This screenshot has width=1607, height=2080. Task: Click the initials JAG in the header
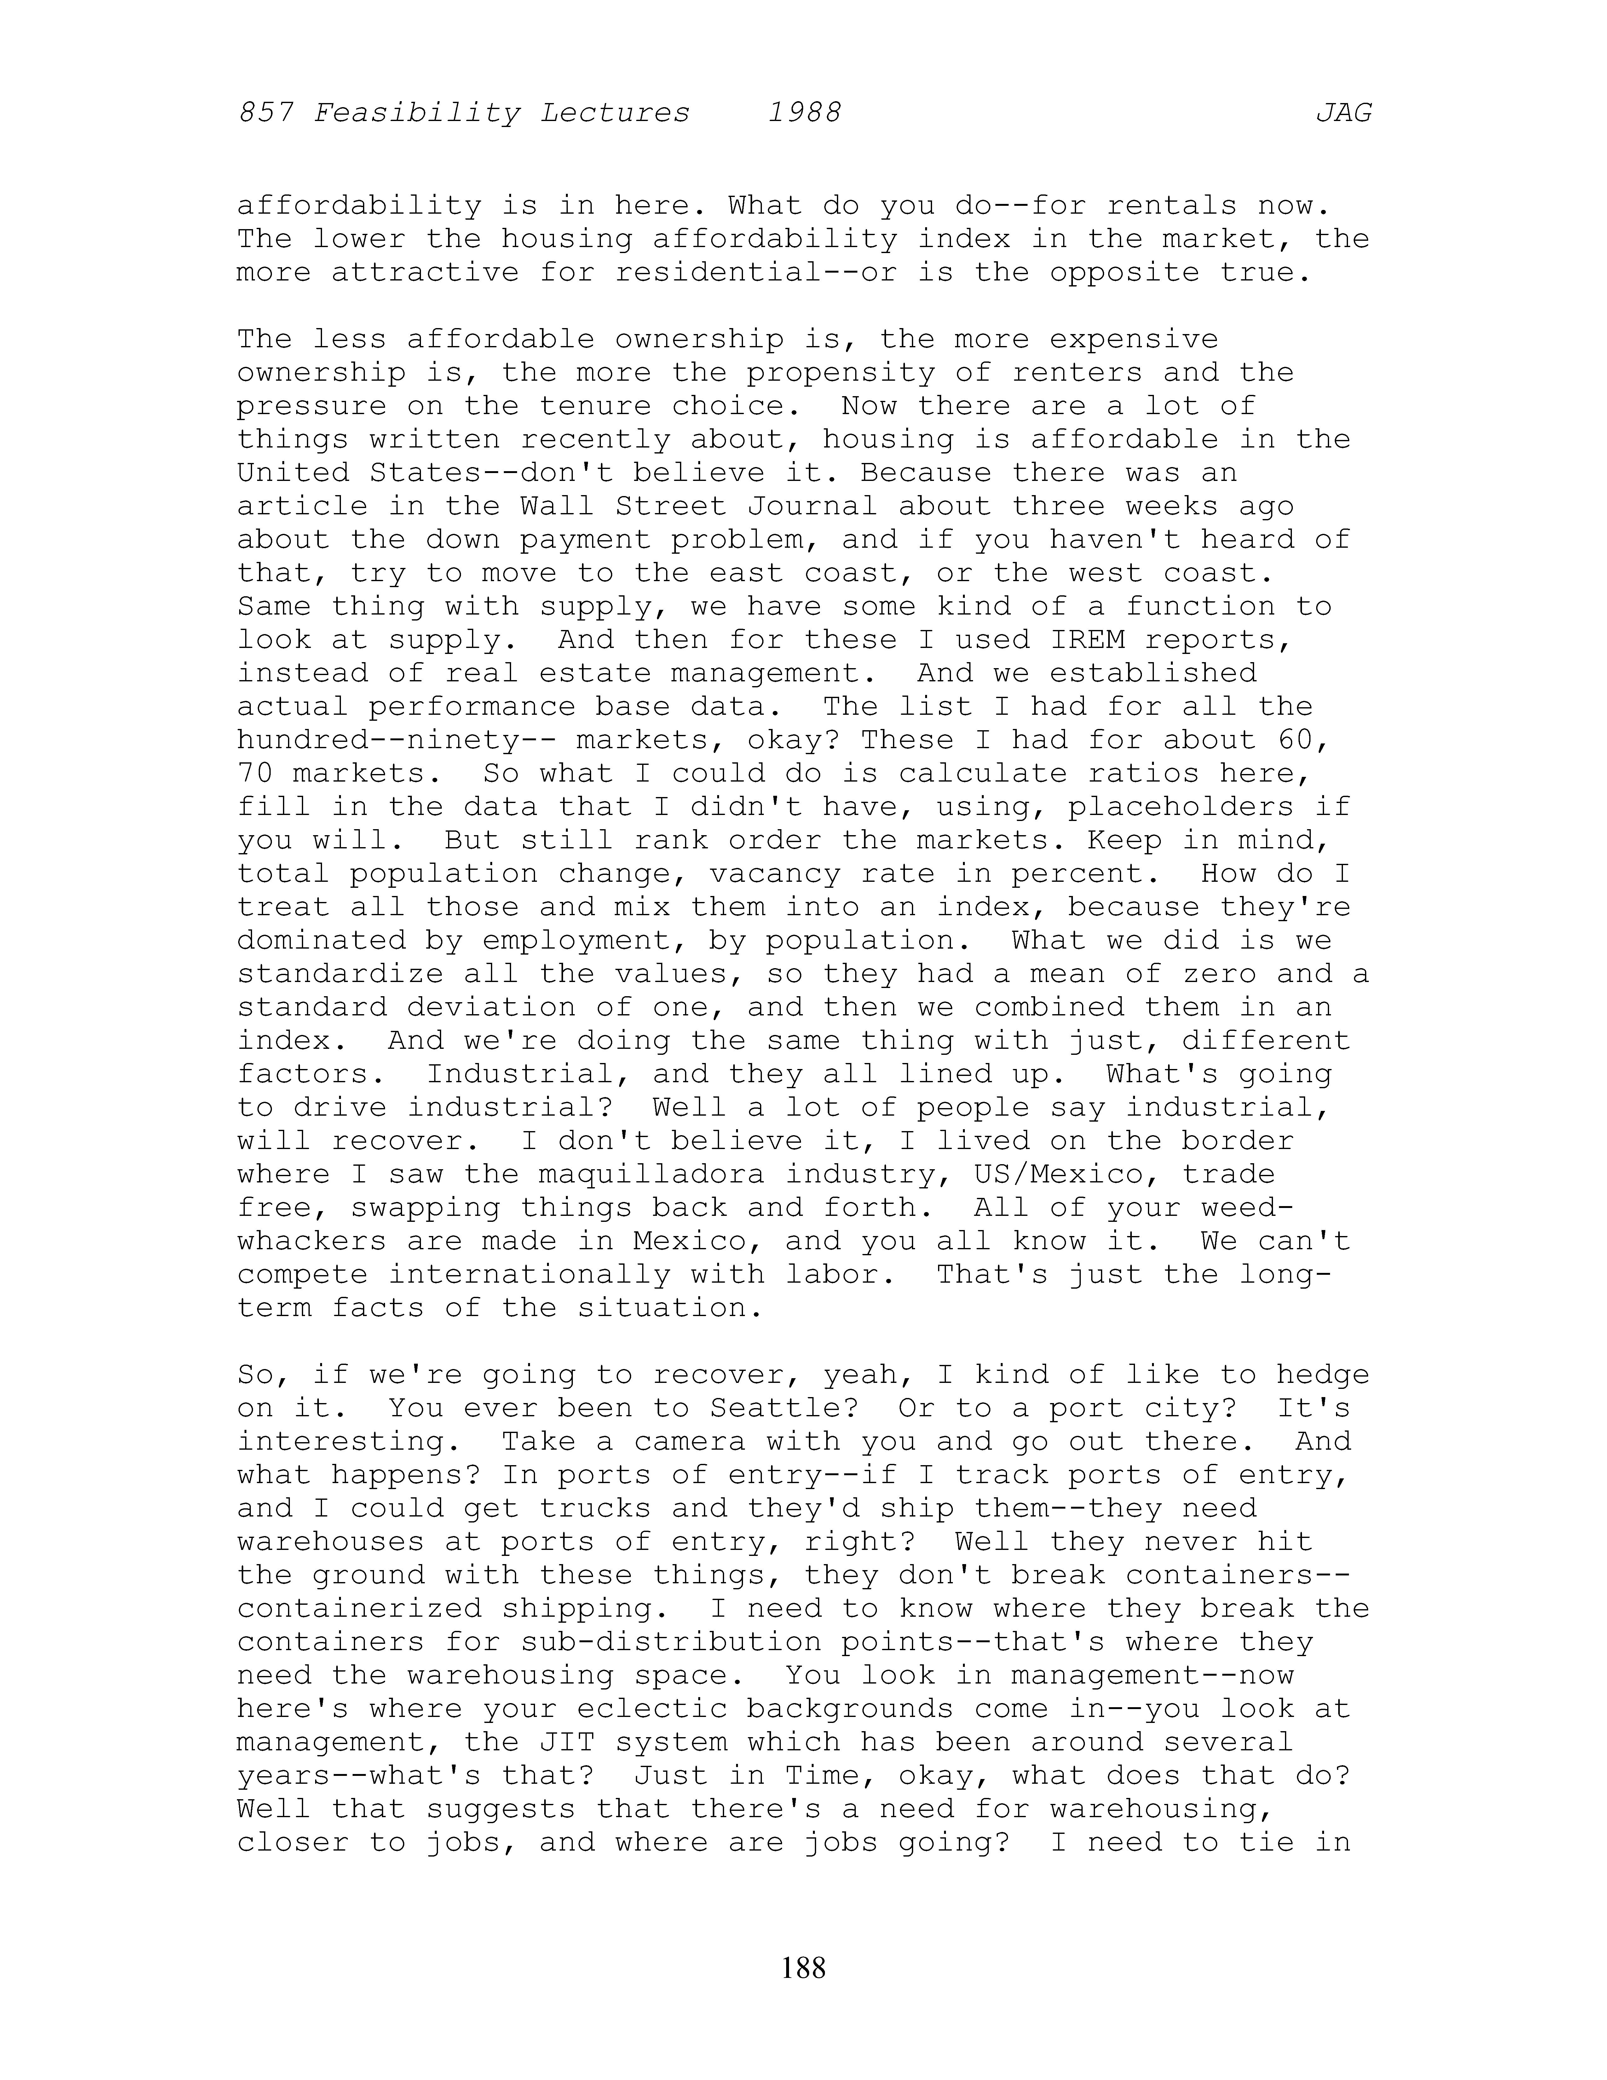(x=1343, y=113)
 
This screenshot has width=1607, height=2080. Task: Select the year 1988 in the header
(x=804, y=113)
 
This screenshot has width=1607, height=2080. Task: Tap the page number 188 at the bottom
(x=804, y=1967)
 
